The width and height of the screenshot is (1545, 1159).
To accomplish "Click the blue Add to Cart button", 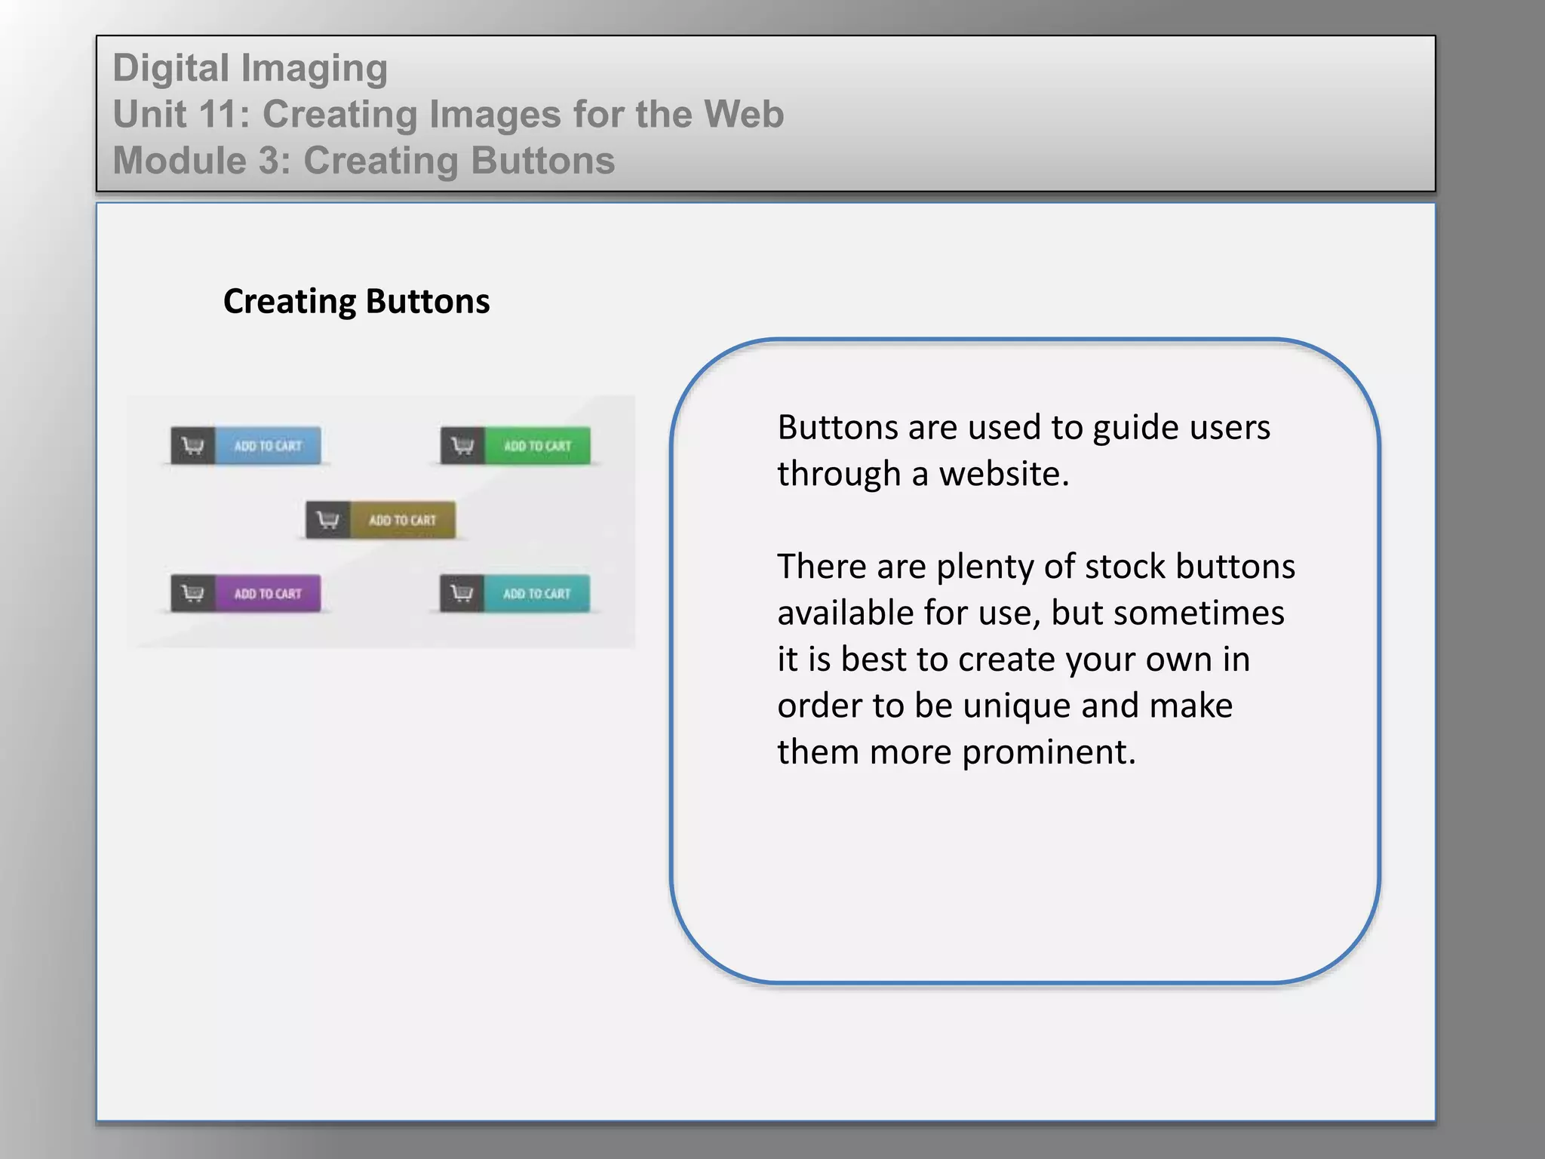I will (x=267, y=445).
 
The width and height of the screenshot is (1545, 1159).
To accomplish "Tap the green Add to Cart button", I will (x=537, y=445).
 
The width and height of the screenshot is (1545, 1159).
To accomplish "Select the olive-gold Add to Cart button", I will (x=402, y=520).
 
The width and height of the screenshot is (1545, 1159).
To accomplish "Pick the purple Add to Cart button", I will (x=267, y=593).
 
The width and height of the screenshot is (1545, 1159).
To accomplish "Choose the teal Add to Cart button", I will (x=536, y=593).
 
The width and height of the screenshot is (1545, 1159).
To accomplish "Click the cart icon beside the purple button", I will (x=193, y=593).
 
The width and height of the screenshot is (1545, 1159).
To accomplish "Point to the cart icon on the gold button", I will (x=327, y=520).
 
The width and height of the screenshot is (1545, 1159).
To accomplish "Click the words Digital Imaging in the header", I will (x=250, y=68).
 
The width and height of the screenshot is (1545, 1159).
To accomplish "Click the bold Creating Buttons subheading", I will (x=356, y=301).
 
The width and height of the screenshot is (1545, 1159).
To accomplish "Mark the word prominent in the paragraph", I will (x=1049, y=752).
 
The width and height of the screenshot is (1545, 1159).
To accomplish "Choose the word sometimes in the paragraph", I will (x=1199, y=613).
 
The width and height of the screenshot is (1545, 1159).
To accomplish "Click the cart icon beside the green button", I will (x=462, y=445).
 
